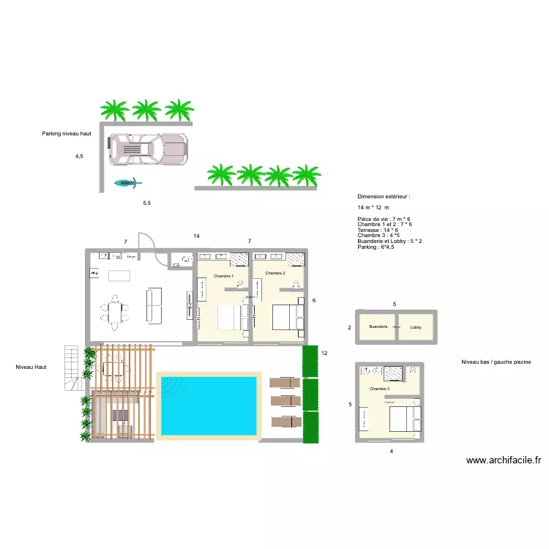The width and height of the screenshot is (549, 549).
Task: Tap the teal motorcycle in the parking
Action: pyautogui.click(x=126, y=183)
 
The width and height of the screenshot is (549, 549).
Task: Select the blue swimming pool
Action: pyautogui.click(x=209, y=404)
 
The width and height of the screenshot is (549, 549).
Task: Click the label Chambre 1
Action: pyautogui.click(x=223, y=276)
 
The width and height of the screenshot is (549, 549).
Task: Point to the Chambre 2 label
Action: pyautogui.click(x=275, y=273)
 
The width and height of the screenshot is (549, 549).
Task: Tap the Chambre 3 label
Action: pyautogui.click(x=379, y=389)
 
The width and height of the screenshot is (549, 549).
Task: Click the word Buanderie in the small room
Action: pyautogui.click(x=378, y=326)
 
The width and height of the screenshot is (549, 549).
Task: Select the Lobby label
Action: pyautogui.click(x=416, y=326)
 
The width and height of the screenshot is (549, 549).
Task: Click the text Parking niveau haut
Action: pyautogui.click(x=71, y=134)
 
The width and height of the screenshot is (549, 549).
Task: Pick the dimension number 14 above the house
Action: pyautogui.click(x=196, y=236)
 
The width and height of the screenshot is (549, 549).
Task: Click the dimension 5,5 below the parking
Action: pyautogui.click(x=146, y=203)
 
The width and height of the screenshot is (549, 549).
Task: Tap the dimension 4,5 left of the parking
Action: pyautogui.click(x=79, y=156)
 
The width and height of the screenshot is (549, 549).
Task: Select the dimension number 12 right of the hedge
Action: pyautogui.click(x=324, y=354)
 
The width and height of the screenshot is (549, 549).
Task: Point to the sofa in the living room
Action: pyautogui.click(x=154, y=305)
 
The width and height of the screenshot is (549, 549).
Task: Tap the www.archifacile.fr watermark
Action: pyautogui.click(x=504, y=460)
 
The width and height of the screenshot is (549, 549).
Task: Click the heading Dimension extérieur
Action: pyautogui.click(x=384, y=197)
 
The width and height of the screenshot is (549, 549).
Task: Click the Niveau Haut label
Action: pyautogui.click(x=30, y=367)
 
